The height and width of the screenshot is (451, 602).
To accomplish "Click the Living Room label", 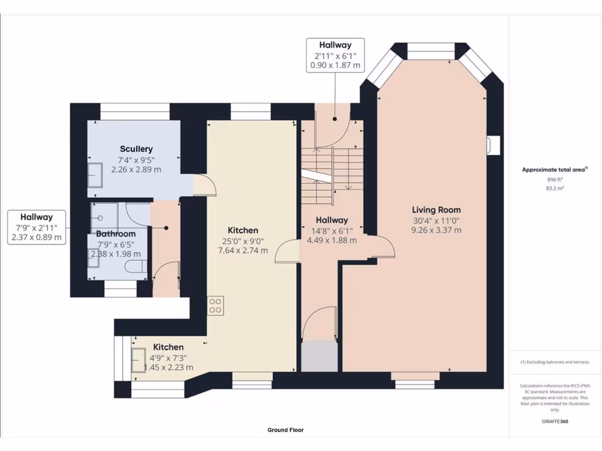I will click(x=436, y=210).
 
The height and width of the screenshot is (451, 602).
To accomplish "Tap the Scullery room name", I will click(x=136, y=149).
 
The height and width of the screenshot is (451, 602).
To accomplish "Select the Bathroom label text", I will click(x=116, y=234).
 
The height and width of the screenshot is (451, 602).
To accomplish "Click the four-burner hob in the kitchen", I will click(x=215, y=305).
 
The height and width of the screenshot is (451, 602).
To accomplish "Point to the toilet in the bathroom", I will click(x=135, y=268).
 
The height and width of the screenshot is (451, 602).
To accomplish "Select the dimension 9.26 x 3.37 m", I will click(x=436, y=230).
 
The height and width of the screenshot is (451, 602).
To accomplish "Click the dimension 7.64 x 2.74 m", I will click(x=243, y=250).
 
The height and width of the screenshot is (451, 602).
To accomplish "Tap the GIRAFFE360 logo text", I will click(x=555, y=421).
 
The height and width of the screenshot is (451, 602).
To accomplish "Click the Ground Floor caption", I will click(x=286, y=430).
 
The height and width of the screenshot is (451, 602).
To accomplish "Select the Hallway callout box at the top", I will click(x=335, y=55).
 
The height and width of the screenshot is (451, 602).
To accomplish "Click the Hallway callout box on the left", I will click(x=36, y=227).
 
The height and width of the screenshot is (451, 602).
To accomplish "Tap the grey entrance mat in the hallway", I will click(x=319, y=356).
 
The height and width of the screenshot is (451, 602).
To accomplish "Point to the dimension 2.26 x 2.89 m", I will click(x=136, y=169).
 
